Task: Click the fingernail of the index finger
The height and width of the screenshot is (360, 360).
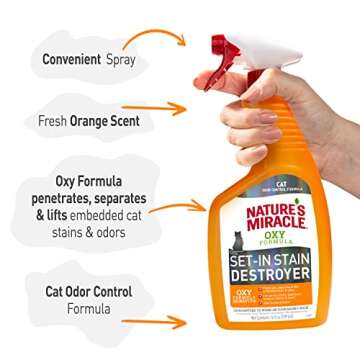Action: (x=218, y=86)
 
